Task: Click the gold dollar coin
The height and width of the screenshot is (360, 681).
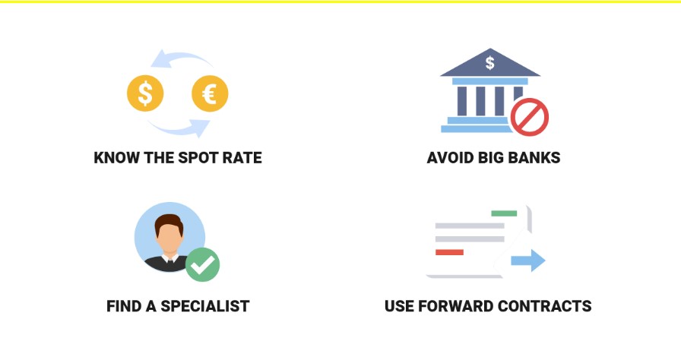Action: [145, 93]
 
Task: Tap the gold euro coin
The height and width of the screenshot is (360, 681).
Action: [210, 93]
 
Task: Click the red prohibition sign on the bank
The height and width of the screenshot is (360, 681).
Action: [530, 117]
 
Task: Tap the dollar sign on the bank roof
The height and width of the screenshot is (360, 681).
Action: [490, 63]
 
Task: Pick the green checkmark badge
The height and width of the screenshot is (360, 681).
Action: [202, 264]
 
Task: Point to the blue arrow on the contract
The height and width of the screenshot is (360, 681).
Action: [528, 261]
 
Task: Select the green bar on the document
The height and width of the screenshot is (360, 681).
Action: [504, 213]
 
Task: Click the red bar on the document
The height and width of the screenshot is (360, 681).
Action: [449, 252]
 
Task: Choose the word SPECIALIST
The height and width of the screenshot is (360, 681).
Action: [205, 306]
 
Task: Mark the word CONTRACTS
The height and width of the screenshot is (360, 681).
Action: [545, 306]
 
